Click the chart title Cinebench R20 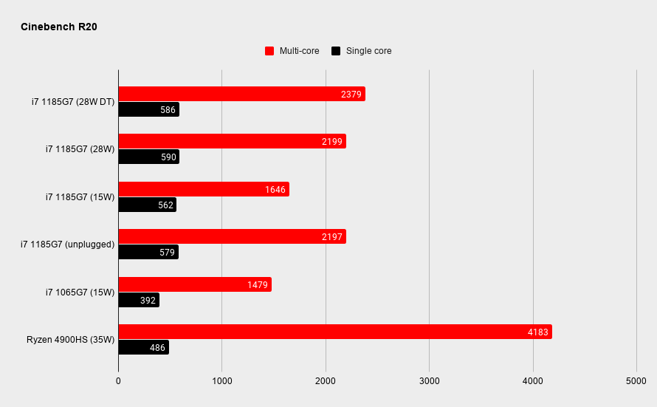58,27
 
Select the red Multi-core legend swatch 269,51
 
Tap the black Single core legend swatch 336,51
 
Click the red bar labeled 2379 242,94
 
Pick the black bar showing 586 148,109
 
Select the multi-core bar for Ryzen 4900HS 335,332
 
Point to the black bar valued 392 139,300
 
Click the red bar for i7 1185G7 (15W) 204,189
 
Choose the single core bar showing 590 148,157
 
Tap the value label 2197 332,237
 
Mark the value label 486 157,347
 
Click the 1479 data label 258,285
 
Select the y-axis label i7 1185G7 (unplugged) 67,244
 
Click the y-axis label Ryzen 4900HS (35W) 70,340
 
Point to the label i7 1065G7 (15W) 80,293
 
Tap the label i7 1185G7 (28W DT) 73,102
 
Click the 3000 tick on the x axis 430,381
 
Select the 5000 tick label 636,381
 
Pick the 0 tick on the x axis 118,381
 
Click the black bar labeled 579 148,252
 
